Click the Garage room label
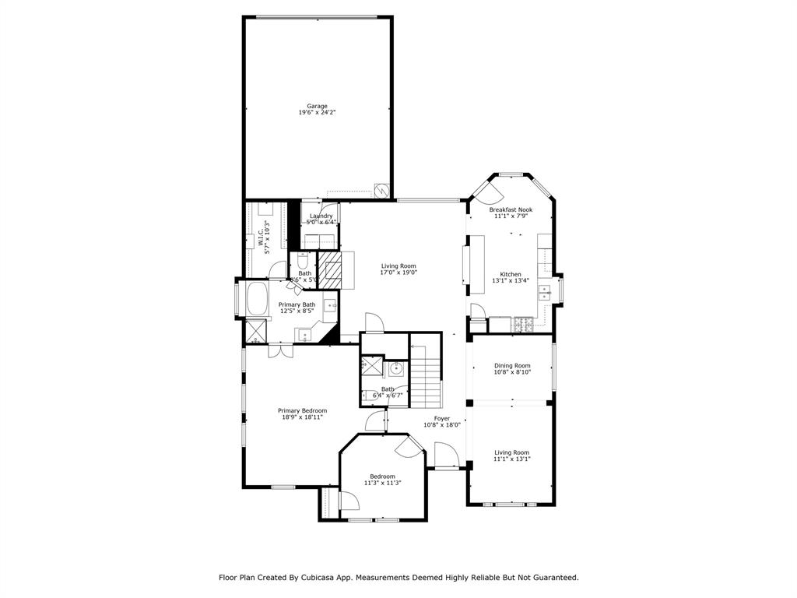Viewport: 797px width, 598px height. pos(317,106)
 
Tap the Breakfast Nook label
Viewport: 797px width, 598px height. pos(511,209)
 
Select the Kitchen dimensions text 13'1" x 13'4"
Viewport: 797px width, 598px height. pos(511,281)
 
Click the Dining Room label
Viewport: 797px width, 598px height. pos(512,365)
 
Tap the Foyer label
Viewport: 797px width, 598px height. pos(442,418)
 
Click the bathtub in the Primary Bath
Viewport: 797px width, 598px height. pos(256,299)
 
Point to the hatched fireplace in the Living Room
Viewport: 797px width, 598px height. pos(332,268)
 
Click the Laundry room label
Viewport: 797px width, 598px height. pos(321,216)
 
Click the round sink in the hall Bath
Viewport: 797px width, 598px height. pos(395,368)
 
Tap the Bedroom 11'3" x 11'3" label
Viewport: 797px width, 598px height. pos(382,477)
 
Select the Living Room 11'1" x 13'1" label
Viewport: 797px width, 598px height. pos(511,452)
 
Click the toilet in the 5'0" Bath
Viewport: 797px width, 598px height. pos(304,261)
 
